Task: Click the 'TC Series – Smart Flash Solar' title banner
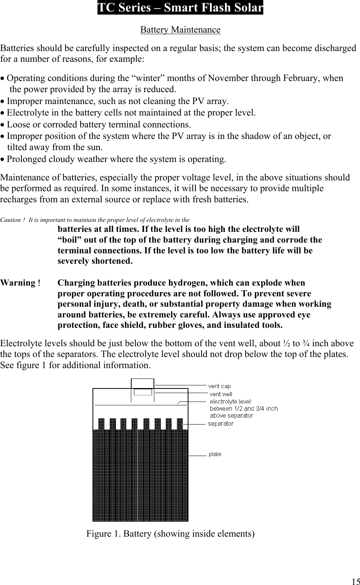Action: [x=180, y=8]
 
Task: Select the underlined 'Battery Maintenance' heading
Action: [x=180, y=30]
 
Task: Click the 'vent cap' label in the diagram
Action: [x=220, y=386]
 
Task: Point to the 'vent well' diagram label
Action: [x=221, y=394]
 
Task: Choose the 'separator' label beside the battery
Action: [x=221, y=423]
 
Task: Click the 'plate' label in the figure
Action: [x=215, y=454]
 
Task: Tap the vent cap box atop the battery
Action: [x=142, y=383]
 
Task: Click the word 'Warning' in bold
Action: [x=18, y=283]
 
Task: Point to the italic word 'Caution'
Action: [x=10, y=220]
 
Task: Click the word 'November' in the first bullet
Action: [x=226, y=78]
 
